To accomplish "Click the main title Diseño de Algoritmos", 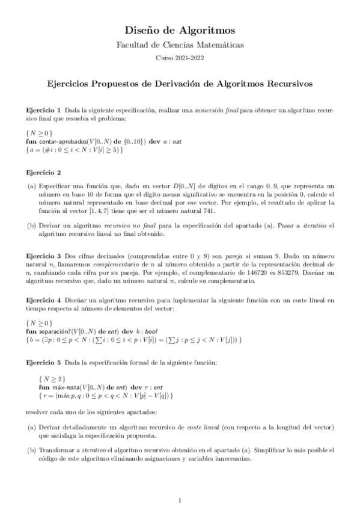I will tap(180, 29).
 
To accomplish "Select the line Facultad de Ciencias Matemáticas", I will tap(180, 45).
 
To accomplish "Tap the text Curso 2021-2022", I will tap(180, 58).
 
